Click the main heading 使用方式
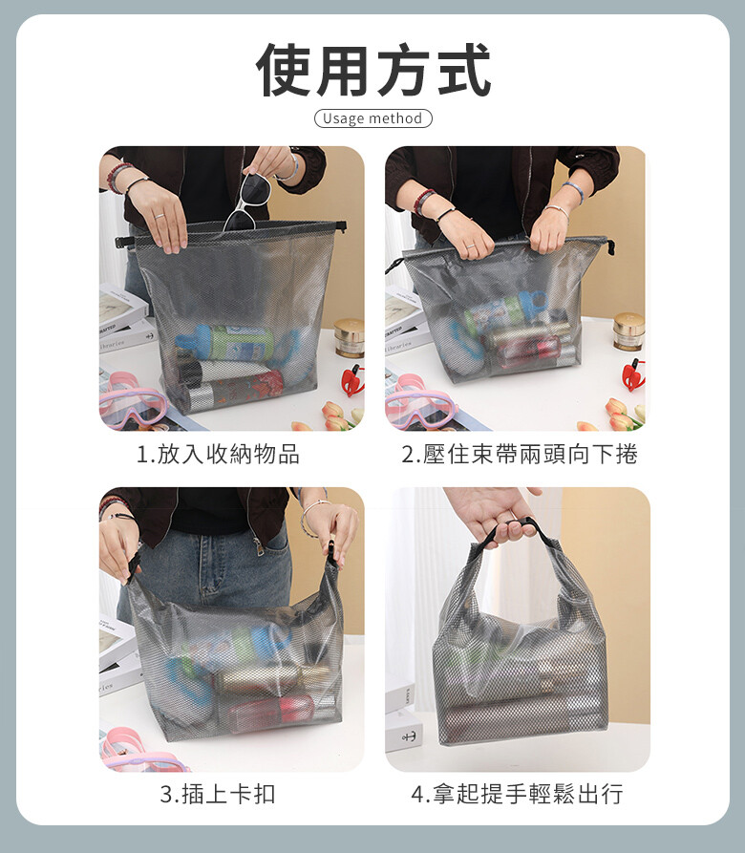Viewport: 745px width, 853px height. click(x=373, y=70)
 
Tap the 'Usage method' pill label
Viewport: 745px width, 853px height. click(x=373, y=118)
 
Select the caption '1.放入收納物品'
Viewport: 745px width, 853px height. click(x=218, y=455)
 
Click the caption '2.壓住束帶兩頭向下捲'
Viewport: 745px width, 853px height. click(x=520, y=455)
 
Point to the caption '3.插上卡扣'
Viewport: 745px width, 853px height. click(x=218, y=794)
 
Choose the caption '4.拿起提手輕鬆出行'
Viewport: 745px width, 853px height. click(x=517, y=794)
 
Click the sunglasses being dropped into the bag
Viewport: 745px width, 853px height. click(x=247, y=202)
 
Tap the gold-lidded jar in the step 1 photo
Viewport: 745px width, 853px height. click(x=350, y=338)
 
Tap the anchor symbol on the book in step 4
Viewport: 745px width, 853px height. click(x=408, y=737)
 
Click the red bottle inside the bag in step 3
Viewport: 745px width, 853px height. click(x=272, y=712)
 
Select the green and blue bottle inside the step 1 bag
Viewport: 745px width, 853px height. click(x=225, y=342)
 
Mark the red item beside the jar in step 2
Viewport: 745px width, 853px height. click(x=633, y=376)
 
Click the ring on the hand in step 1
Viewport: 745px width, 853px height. click(x=159, y=216)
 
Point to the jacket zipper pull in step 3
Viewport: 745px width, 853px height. click(x=260, y=546)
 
